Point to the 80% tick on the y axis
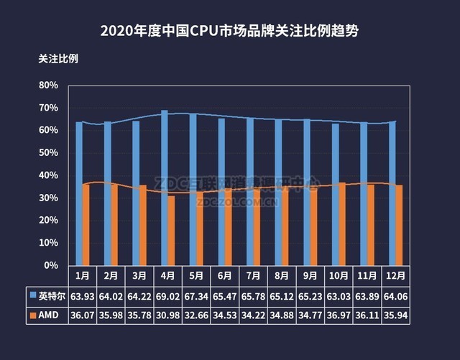pyautogui.click(x=48, y=86)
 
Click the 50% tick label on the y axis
pyautogui.click(x=48, y=153)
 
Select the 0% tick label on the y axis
pyautogui.click(x=51, y=266)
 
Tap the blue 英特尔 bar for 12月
pyautogui.click(x=392, y=193)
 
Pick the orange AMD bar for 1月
pyautogui.click(x=86, y=224)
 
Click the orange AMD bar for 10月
pyautogui.click(x=342, y=223)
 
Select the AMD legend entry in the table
pyautogui.click(x=47, y=315)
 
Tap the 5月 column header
pyautogui.click(x=196, y=275)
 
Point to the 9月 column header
pyautogui.click(x=310, y=275)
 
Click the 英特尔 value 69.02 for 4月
pyautogui.click(x=167, y=295)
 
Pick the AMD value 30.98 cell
pyautogui.click(x=167, y=315)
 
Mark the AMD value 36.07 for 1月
pyautogui.click(x=83, y=315)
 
